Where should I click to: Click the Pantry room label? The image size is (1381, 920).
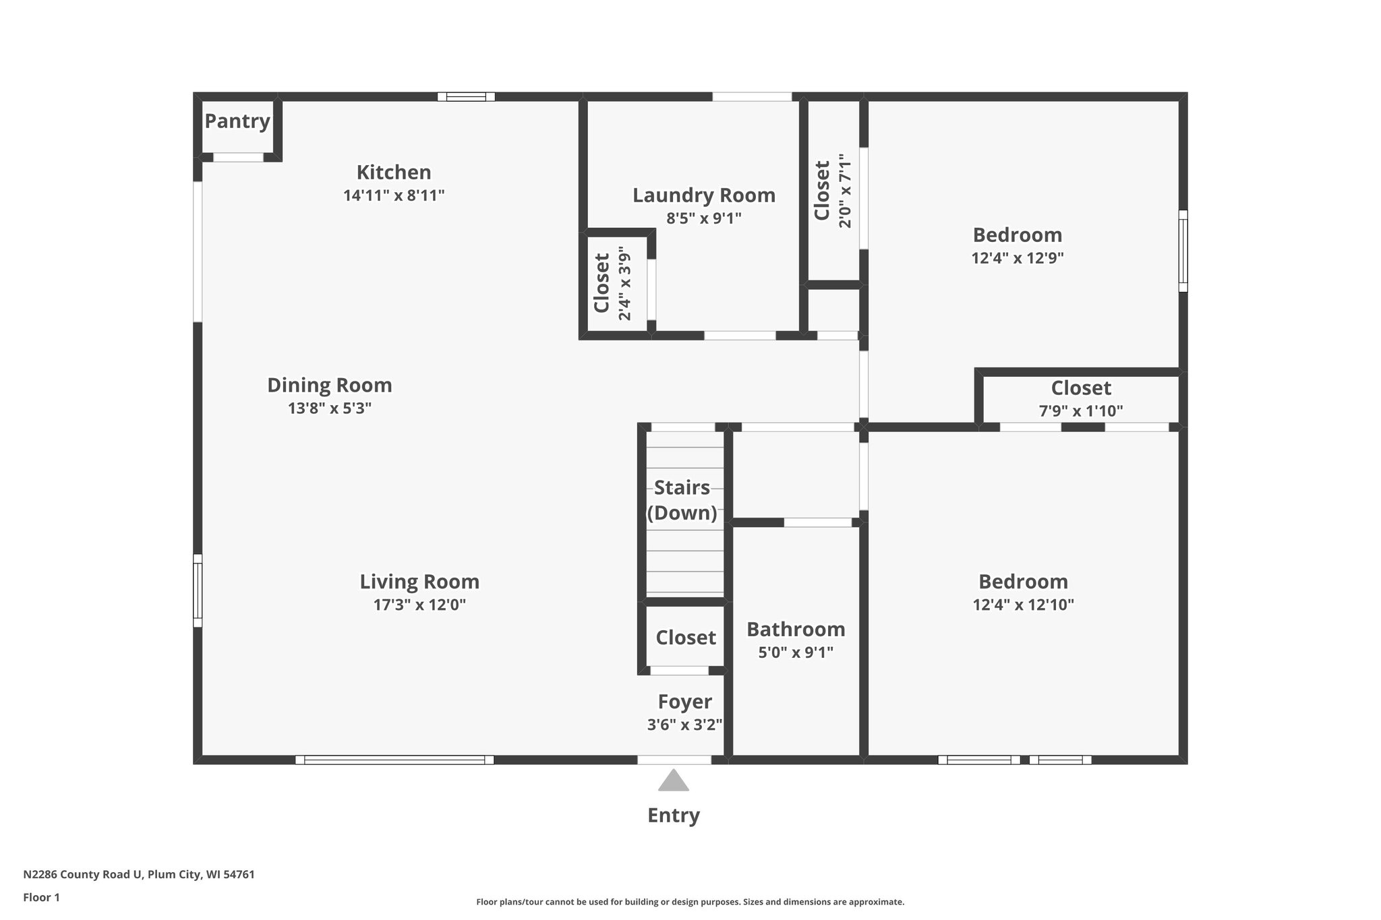237,121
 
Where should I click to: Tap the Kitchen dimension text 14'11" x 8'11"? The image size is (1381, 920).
394,196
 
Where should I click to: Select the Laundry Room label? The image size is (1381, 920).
704,195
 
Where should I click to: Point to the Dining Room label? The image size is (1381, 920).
329,386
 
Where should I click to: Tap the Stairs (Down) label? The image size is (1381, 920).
682,500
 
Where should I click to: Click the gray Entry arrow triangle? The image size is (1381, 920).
673,781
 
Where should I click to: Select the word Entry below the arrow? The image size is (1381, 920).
673,816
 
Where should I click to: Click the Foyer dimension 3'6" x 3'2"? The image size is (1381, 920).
684,725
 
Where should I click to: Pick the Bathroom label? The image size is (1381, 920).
796,630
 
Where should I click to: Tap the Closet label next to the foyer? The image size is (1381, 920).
686,638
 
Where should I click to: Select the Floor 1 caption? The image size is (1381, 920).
41,898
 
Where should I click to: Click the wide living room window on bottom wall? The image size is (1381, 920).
394,760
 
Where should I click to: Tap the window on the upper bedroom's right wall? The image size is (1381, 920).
1183,251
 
